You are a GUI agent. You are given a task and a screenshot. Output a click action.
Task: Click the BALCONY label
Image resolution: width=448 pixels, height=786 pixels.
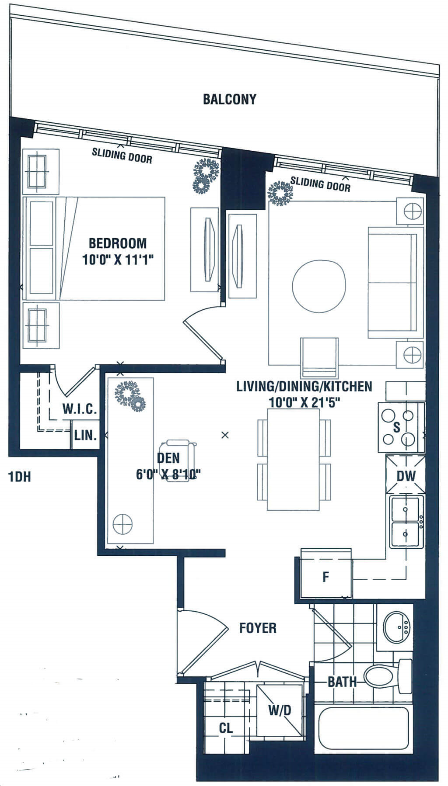229,99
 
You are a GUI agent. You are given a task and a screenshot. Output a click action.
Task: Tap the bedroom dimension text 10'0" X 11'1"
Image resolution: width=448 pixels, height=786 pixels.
118,260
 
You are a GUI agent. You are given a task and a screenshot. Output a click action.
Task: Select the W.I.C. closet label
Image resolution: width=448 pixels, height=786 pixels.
79,409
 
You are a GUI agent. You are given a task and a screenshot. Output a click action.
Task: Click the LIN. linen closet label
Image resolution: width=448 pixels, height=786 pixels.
85,435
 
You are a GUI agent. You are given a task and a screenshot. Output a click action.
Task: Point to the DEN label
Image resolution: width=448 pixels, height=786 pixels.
168,458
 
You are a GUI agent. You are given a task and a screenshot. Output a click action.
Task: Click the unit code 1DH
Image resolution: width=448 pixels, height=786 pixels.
20,477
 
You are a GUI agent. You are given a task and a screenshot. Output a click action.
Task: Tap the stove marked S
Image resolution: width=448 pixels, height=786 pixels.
401,427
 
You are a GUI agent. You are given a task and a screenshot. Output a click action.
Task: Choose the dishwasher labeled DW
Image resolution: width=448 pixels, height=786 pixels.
406,475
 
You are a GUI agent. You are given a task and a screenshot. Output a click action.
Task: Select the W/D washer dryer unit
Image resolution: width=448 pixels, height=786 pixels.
279,710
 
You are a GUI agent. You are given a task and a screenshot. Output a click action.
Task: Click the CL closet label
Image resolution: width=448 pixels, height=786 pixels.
226,728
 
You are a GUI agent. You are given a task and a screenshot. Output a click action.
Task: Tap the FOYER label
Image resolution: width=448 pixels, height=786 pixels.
258,628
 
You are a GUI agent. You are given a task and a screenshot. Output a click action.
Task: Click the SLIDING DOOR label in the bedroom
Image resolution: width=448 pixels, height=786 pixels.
122,156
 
